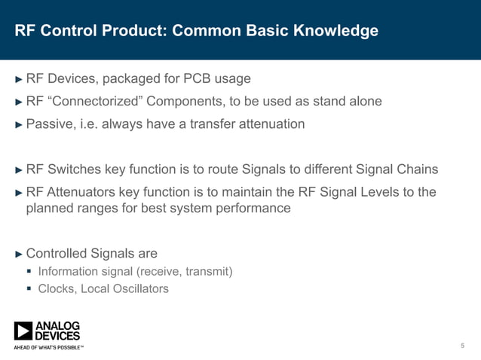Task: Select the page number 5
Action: coord(462,346)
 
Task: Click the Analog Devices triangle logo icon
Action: coord(23,331)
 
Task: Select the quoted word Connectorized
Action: coord(94,102)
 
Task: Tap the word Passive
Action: coord(49,124)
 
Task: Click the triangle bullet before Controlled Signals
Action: coord(20,254)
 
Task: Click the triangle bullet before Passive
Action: coord(20,124)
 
